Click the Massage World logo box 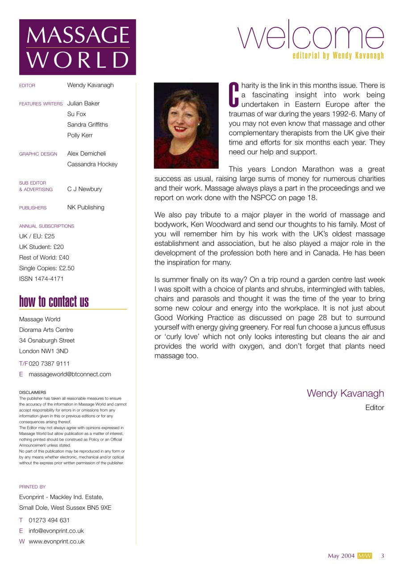coord(77,47)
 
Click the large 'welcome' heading coord(312,36)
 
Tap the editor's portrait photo coord(186,125)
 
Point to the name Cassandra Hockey coord(92,164)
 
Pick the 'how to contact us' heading coord(54,302)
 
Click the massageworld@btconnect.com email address coord(70,374)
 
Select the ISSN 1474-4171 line coord(42,279)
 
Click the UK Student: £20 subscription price coord(42,247)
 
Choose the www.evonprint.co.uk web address coord(57,542)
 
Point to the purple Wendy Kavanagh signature coord(345,393)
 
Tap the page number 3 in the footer coord(383,556)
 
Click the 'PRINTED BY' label coord(32,487)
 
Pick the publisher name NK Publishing coord(86,207)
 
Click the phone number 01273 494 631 coord(49,520)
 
